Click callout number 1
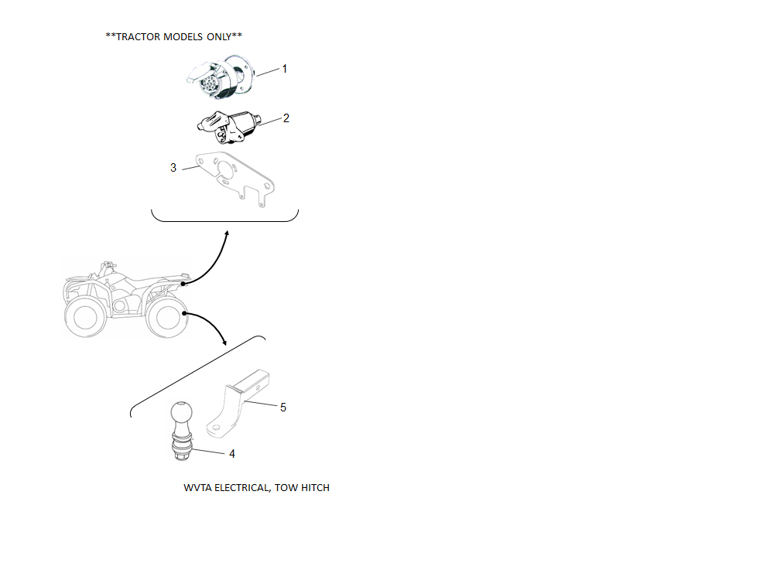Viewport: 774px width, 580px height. (x=284, y=69)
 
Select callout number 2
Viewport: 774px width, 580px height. (x=286, y=118)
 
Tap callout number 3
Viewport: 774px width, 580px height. (x=173, y=168)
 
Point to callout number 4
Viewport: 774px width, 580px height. (x=232, y=454)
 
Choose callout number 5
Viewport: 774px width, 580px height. (x=283, y=408)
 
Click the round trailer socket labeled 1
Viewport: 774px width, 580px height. (x=220, y=77)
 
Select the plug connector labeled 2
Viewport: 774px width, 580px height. (x=228, y=127)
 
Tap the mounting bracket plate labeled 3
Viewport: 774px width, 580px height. (x=235, y=179)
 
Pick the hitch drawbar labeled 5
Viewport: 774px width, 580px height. (x=238, y=404)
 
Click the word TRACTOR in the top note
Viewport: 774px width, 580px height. (x=139, y=37)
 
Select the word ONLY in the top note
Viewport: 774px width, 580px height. (x=219, y=37)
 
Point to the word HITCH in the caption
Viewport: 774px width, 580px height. (x=316, y=488)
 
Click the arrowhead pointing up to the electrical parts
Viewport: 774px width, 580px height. (x=227, y=234)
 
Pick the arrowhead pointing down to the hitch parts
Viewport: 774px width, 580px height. (x=224, y=342)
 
